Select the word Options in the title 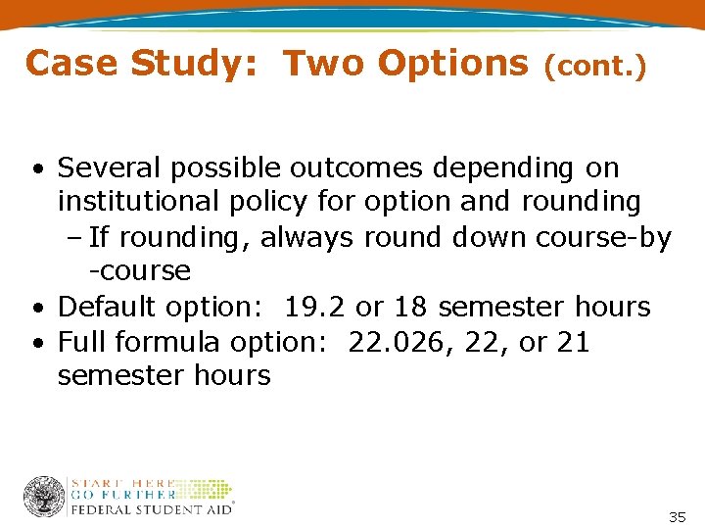tap(453, 64)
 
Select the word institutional tap(136, 202)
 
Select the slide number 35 tap(677, 516)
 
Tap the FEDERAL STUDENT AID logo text tap(152, 509)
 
